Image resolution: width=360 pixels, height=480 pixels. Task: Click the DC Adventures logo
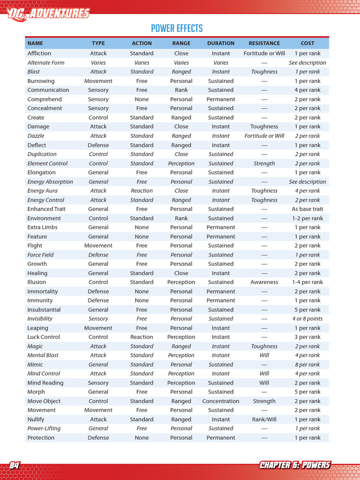click(48, 13)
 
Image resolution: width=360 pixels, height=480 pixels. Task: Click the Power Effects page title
click(177, 29)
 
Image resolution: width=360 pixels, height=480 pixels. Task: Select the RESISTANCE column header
click(264, 43)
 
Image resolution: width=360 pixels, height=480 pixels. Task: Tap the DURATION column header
click(221, 43)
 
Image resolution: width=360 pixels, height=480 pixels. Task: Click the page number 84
click(15, 465)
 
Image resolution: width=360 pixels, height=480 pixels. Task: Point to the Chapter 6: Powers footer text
click(295, 465)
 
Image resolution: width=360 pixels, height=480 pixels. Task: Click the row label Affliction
click(39, 53)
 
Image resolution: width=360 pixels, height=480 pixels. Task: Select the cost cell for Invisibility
click(307, 319)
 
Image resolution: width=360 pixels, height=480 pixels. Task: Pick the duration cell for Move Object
click(221, 401)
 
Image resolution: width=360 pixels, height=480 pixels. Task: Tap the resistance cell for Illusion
click(264, 282)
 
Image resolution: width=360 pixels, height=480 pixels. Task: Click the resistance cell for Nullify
click(264, 420)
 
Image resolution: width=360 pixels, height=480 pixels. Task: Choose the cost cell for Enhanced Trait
click(307, 209)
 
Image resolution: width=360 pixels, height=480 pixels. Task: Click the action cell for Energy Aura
click(142, 191)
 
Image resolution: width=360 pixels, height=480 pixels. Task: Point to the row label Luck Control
click(44, 337)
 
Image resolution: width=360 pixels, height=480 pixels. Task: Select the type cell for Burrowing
click(98, 81)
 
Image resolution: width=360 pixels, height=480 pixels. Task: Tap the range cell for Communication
click(181, 90)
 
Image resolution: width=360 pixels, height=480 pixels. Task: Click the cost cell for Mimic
click(307, 365)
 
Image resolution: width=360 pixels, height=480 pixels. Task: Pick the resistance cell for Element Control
click(264, 164)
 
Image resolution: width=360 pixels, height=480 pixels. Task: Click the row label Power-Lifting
click(44, 428)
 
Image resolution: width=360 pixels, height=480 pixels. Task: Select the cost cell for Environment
click(307, 218)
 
